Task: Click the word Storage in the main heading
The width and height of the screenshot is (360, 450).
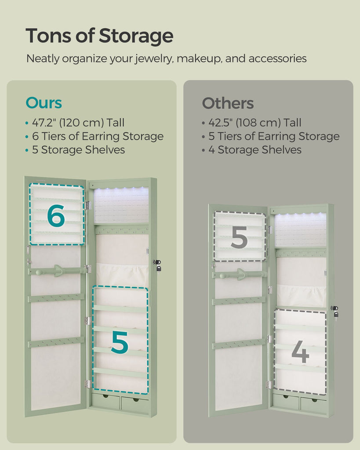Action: click(x=136, y=36)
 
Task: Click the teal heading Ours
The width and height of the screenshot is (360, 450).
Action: click(x=44, y=103)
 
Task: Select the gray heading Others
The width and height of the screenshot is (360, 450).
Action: click(x=228, y=103)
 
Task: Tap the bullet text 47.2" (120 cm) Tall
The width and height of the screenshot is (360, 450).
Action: click(x=78, y=123)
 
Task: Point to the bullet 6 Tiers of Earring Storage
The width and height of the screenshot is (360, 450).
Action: click(x=98, y=136)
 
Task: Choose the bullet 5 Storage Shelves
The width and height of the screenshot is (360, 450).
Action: click(x=78, y=149)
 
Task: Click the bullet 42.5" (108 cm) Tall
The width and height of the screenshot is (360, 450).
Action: click(x=255, y=123)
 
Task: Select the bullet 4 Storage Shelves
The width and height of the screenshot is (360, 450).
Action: click(x=255, y=149)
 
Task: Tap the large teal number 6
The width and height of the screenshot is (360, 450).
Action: click(x=56, y=216)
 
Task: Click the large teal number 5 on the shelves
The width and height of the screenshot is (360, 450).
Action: click(x=120, y=342)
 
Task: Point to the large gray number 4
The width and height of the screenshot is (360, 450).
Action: click(x=300, y=352)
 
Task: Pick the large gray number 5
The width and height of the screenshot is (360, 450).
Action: click(x=239, y=237)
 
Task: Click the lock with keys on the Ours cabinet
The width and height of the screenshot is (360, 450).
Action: click(x=157, y=265)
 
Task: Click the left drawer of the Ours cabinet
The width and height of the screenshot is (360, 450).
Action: click(x=105, y=401)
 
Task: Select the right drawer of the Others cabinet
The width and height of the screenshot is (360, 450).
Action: click(x=313, y=404)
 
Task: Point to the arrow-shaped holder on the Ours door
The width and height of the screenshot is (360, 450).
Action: click(x=58, y=271)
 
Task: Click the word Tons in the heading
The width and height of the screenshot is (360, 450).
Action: click(x=48, y=36)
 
